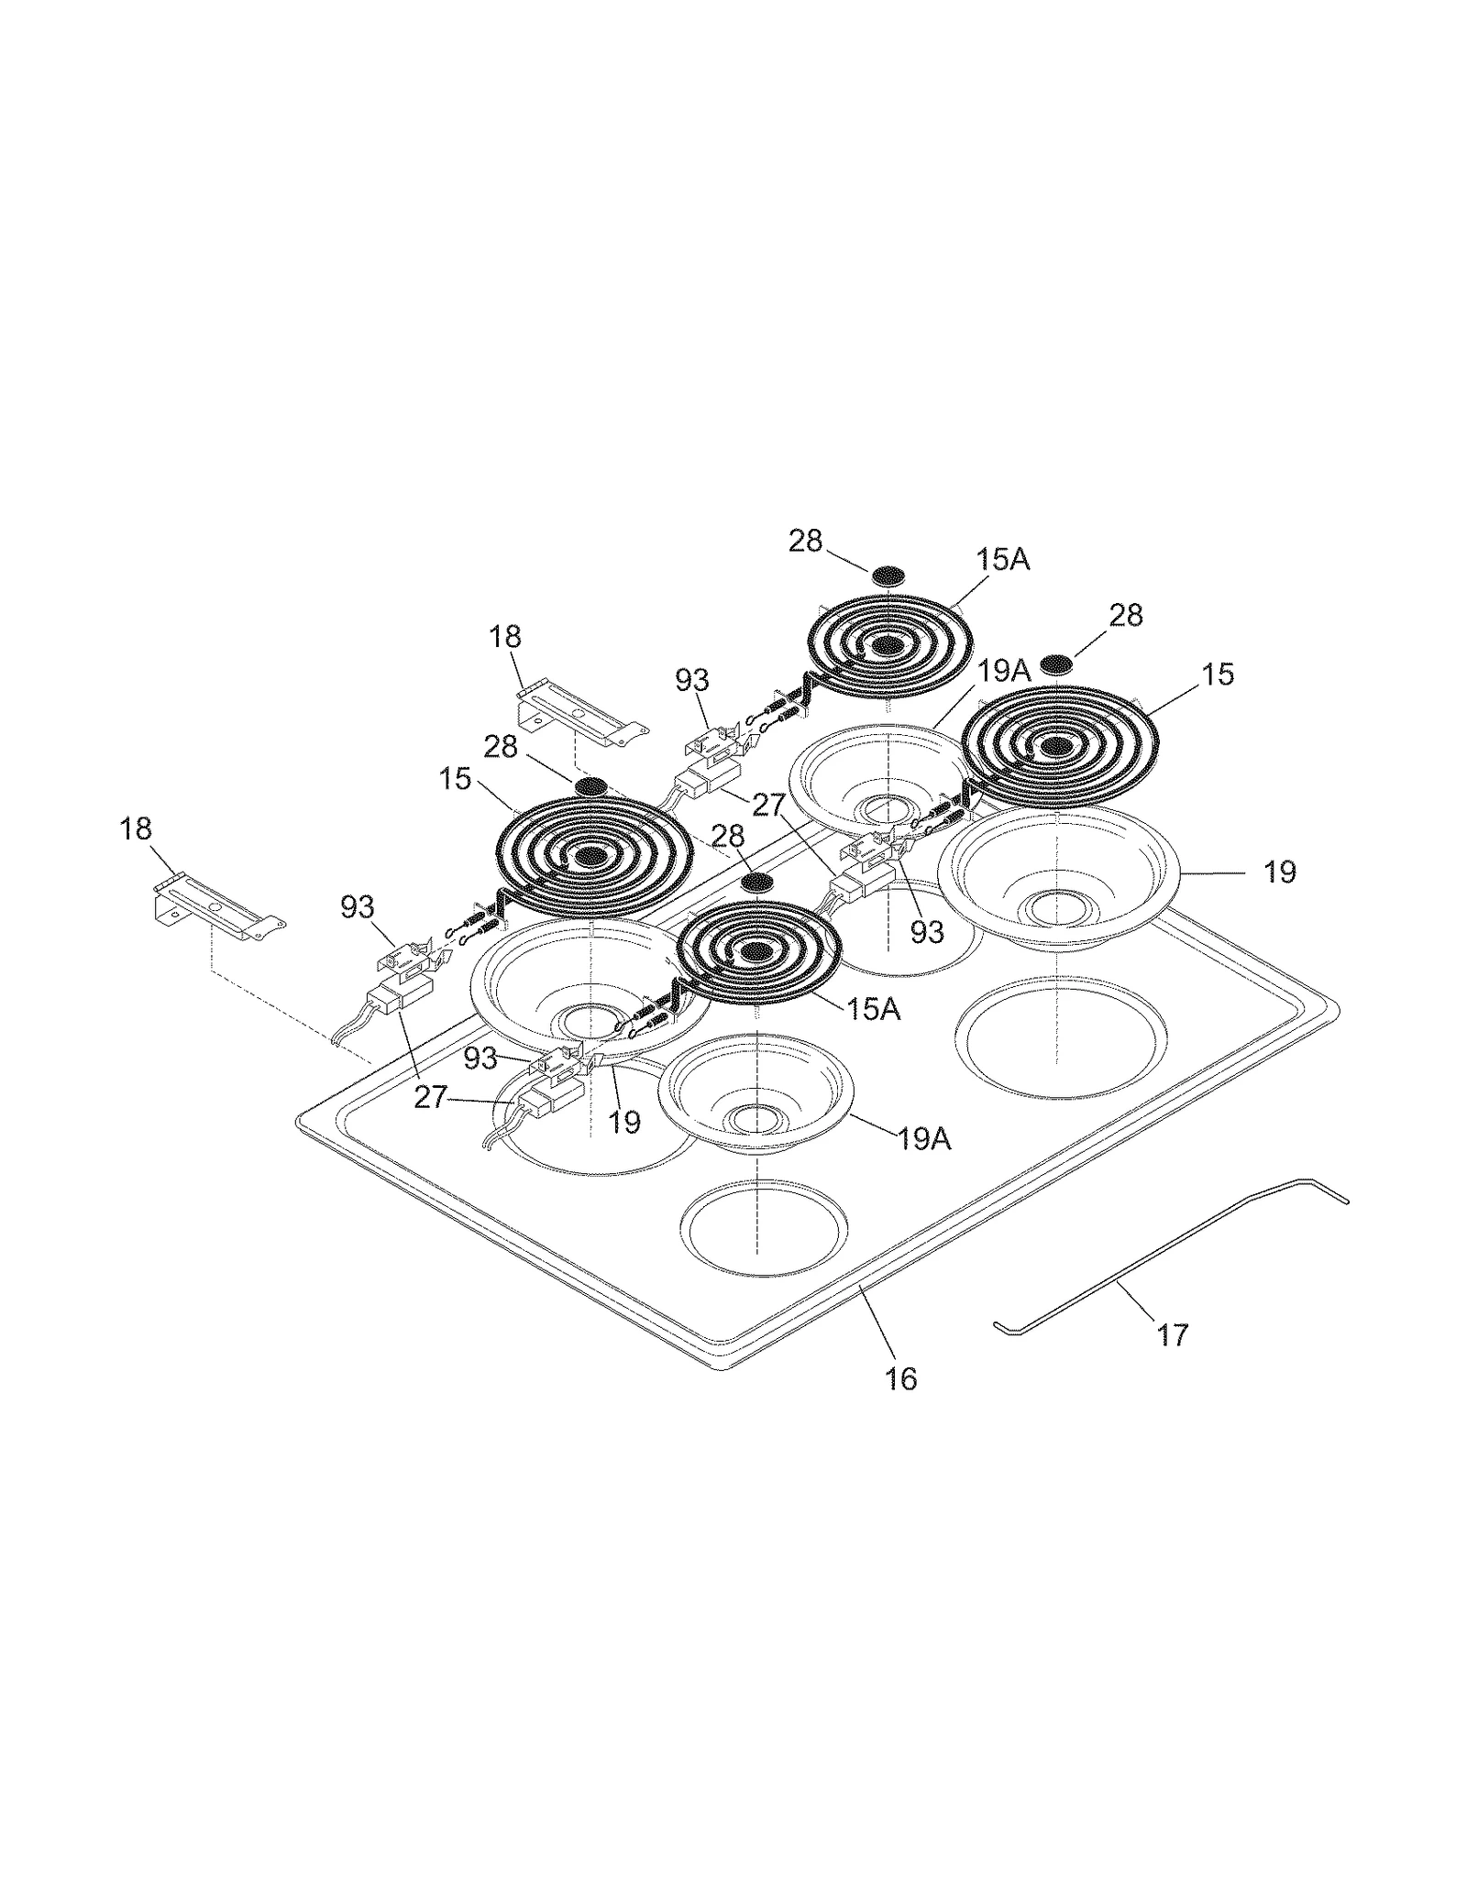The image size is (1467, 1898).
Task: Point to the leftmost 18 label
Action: tap(136, 828)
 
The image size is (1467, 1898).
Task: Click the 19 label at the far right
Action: tap(1279, 872)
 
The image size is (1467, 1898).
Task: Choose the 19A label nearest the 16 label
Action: tap(923, 1139)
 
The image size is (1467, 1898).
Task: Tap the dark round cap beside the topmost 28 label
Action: tap(888, 576)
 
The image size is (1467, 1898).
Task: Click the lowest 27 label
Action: tap(430, 1097)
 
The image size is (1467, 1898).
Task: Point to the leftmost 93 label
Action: tap(358, 906)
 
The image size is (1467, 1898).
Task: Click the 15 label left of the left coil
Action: tap(454, 780)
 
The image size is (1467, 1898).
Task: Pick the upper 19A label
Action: tap(1004, 672)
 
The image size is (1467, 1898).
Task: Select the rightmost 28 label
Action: tap(1126, 614)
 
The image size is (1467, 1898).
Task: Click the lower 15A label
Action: tap(873, 1009)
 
